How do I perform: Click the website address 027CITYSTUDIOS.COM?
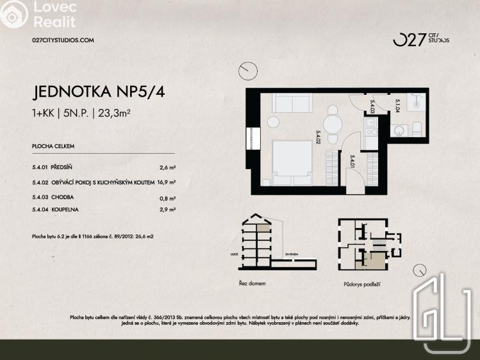(x=63, y=40)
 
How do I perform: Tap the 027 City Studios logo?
(x=420, y=40)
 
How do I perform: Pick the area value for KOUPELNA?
(x=167, y=209)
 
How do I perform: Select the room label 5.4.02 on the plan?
(x=318, y=138)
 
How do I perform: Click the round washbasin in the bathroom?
(x=399, y=131)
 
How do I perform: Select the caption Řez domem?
(x=252, y=282)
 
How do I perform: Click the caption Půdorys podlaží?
(x=357, y=282)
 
